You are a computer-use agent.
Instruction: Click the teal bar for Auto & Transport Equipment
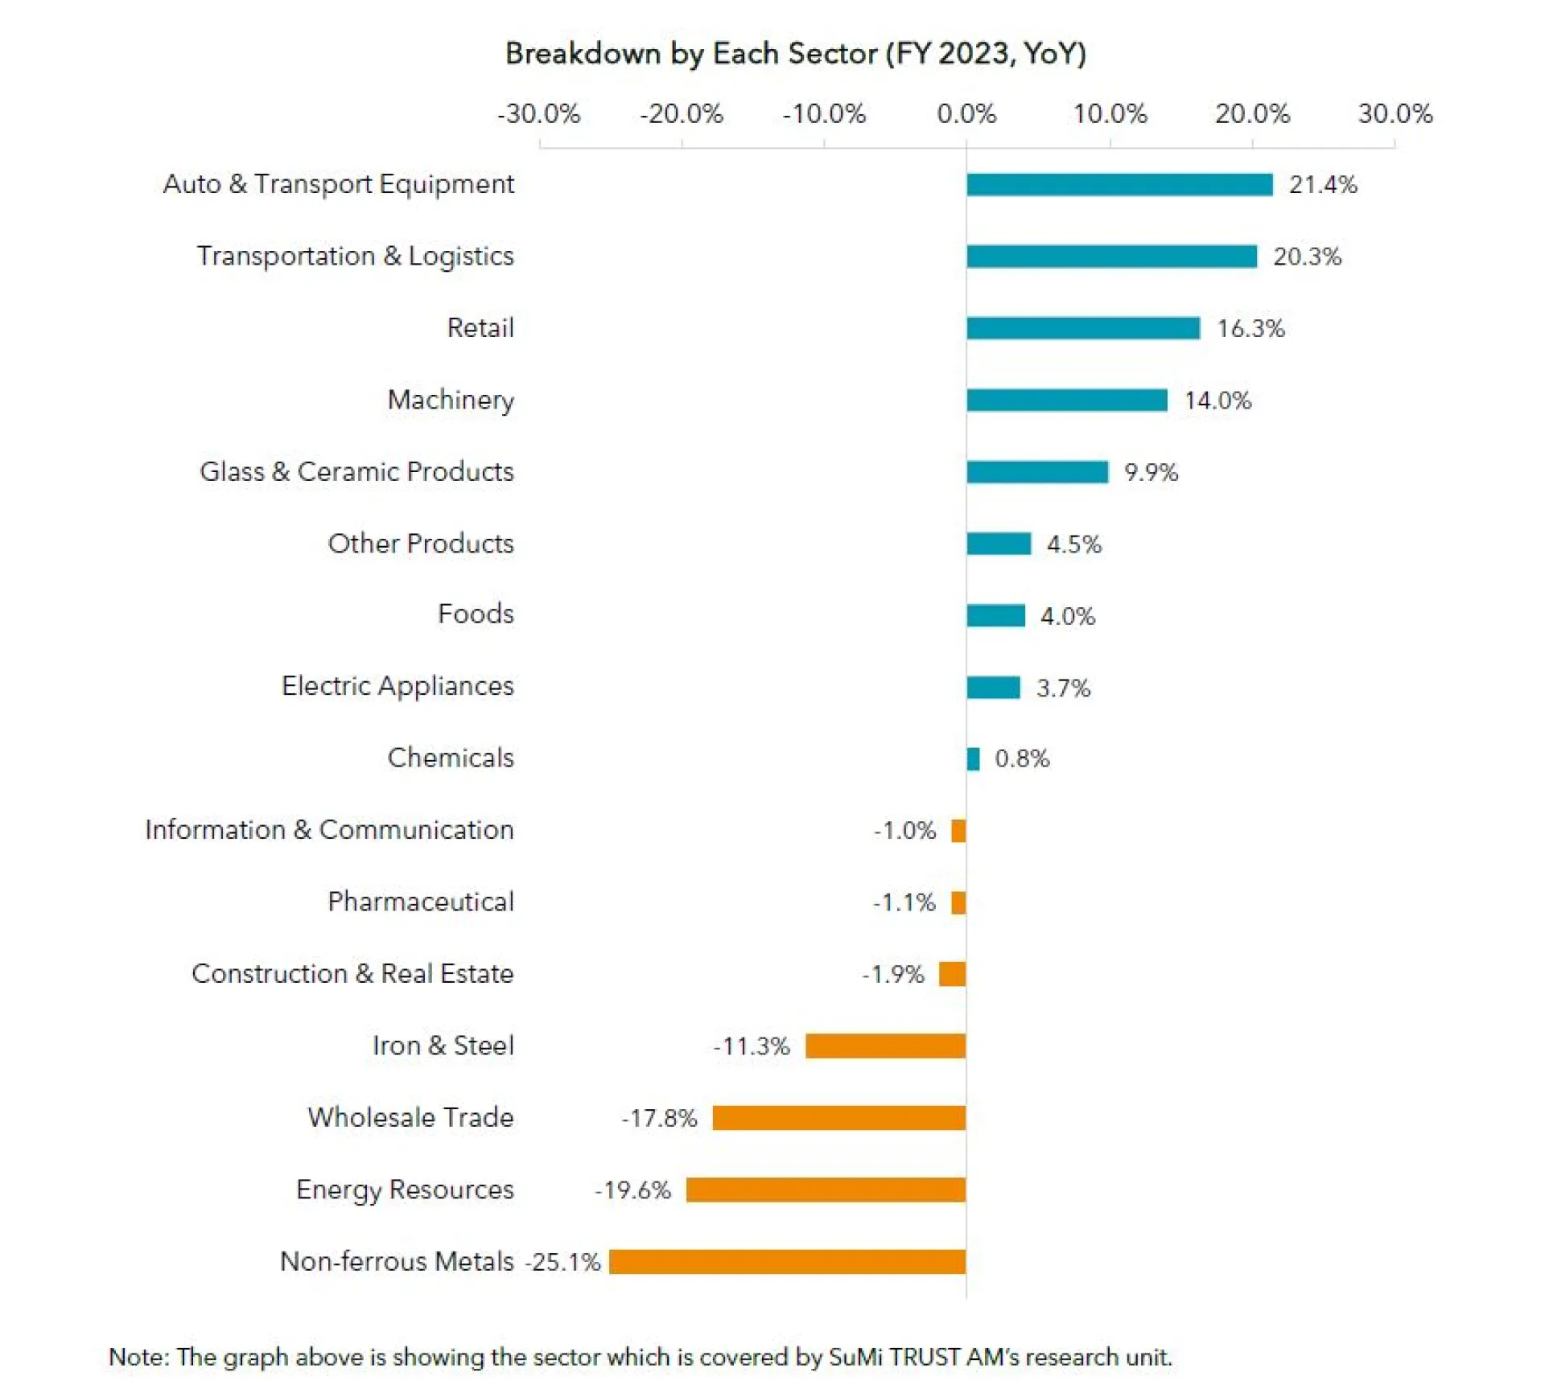click(1119, 184)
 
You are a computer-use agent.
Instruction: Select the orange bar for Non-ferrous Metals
click(786, 1260)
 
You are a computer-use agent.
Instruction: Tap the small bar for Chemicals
click(973, 758)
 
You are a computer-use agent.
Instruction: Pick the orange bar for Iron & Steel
click(884, 1045)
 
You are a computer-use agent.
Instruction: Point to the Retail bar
click(1082, 327)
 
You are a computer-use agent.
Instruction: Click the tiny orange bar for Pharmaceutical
click(958, 902)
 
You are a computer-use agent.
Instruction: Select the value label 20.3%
click(1306, 257)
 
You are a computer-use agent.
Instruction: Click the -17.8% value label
click(658, 1117)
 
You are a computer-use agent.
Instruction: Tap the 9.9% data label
click(1150, 472)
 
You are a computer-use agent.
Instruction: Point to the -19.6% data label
click(632, 1189)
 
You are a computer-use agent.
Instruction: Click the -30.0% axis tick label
click(538, 113)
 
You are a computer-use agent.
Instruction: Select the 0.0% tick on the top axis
click(966, 113)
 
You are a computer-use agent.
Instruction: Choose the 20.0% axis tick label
click(1251, 113)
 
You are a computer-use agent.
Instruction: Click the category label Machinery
click(450, 400)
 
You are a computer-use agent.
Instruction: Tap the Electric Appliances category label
click(397, 685)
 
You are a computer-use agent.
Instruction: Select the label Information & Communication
click(328, 829)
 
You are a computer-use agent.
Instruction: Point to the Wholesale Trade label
click(410, 1117)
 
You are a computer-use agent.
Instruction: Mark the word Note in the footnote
click(137, 1356)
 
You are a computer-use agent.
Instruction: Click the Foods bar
click(995, 614)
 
